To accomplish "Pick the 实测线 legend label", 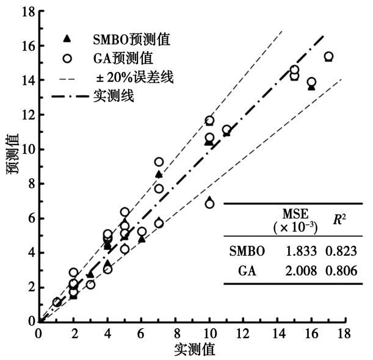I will click(x=114, y=96).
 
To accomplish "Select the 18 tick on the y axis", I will click(x=23, y=11).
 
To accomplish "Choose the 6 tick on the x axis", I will click(x=141, y=333).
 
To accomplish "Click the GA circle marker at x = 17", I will click(x=328, y=57).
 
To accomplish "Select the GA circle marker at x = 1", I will click(x=57, y=302).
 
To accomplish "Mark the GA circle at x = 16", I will click(x=311, y=82).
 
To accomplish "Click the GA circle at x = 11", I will click(x=226, y=130).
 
